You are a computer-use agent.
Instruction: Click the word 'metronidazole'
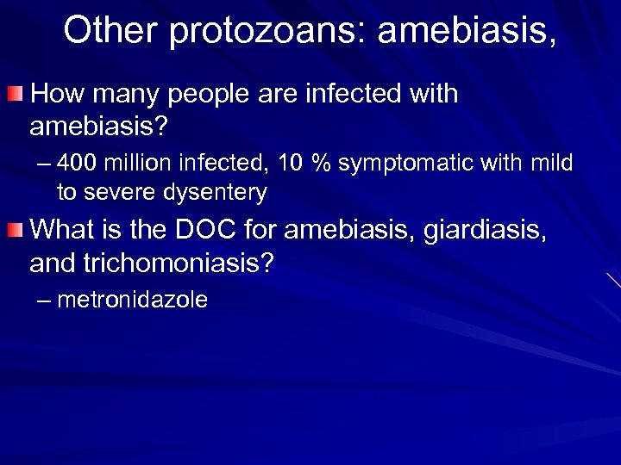pos(132,300)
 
